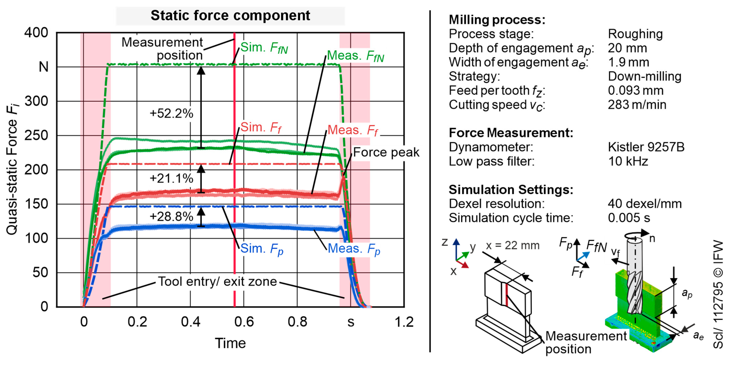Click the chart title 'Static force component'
click(230, 16)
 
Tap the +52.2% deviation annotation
click(171, 114)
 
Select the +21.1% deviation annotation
click(171, 178)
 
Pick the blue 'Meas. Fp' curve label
click(354, 249)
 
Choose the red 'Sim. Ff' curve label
click(261, 127)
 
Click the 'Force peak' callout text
click(386, 152)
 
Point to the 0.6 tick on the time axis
click(244, 322)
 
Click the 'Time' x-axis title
click(230, 343)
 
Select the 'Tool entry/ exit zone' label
click(217, 282)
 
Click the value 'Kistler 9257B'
click(646, 147)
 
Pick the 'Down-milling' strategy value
click(644, 76)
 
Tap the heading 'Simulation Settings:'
click(511, 190)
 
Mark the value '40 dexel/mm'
click(645, 204)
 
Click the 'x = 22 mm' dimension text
click(512, 246)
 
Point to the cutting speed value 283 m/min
click(637, 105)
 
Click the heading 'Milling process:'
click(497, 20)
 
